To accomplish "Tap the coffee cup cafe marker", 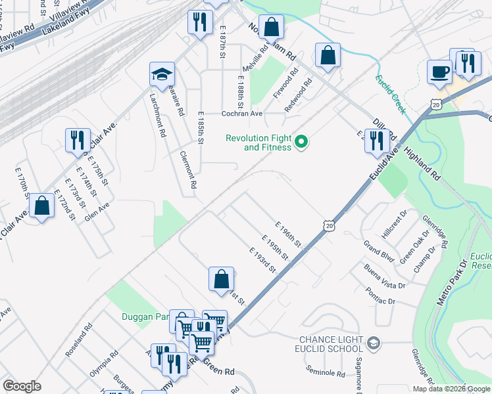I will pyautogui.click(x=439, y=72).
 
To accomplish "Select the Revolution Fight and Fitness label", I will pyautogui.click(x=258, y=142).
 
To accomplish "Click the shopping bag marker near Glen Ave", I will pyautogui.click(x=42, y=206).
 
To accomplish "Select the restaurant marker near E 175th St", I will pyautogui.click(x=78, y=139).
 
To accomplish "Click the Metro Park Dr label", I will pyautogui.click(x=451, y=282).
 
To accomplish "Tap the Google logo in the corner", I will pyautogui.click(x=22, y=386).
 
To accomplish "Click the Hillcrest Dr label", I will pyautogui.click(x=394, y=225).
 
